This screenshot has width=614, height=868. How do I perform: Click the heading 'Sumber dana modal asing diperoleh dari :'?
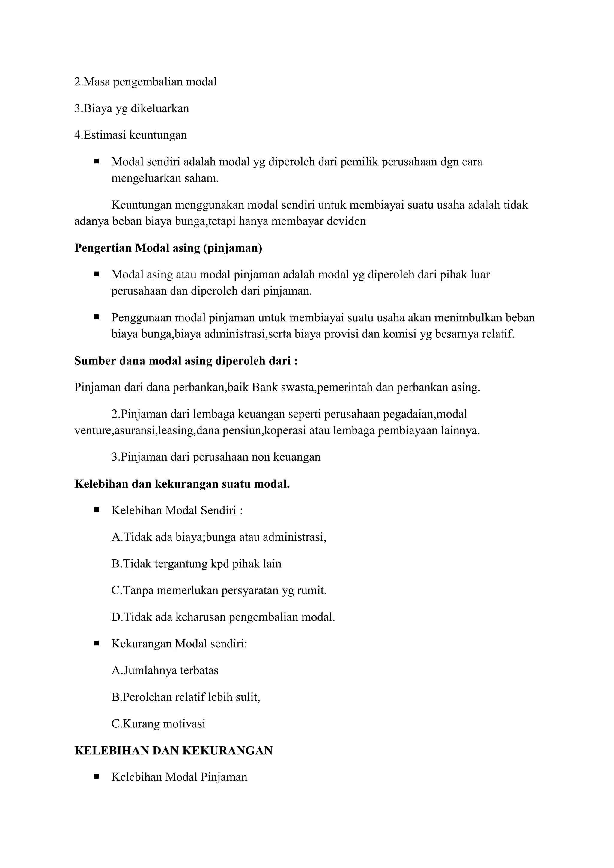[x=186, y=361]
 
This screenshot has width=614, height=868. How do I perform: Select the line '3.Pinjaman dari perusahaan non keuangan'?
[x=216, y=457]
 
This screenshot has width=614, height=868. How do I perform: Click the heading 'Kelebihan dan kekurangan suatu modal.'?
[x=182, y=484]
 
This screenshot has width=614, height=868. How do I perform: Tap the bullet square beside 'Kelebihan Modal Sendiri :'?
[x=97, y=510]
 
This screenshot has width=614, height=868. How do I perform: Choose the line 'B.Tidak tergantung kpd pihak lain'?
[x=196, y=564]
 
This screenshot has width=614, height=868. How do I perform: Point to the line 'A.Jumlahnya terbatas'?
[x=165, y=671]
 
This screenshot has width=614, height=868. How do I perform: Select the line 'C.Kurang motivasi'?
[x=158, y=724]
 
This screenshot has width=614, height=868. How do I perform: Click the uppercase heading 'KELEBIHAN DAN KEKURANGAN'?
[x=174, y=751]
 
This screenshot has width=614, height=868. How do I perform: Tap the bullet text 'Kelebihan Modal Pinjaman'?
[x=179, y=777]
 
